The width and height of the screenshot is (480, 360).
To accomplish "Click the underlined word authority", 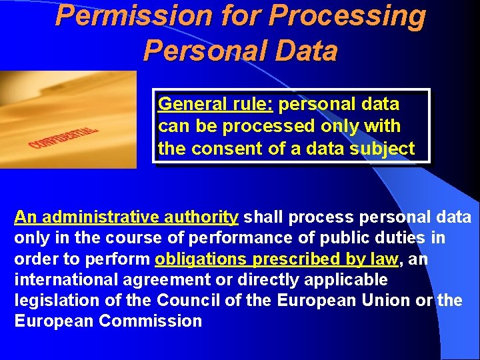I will [205, 217].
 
